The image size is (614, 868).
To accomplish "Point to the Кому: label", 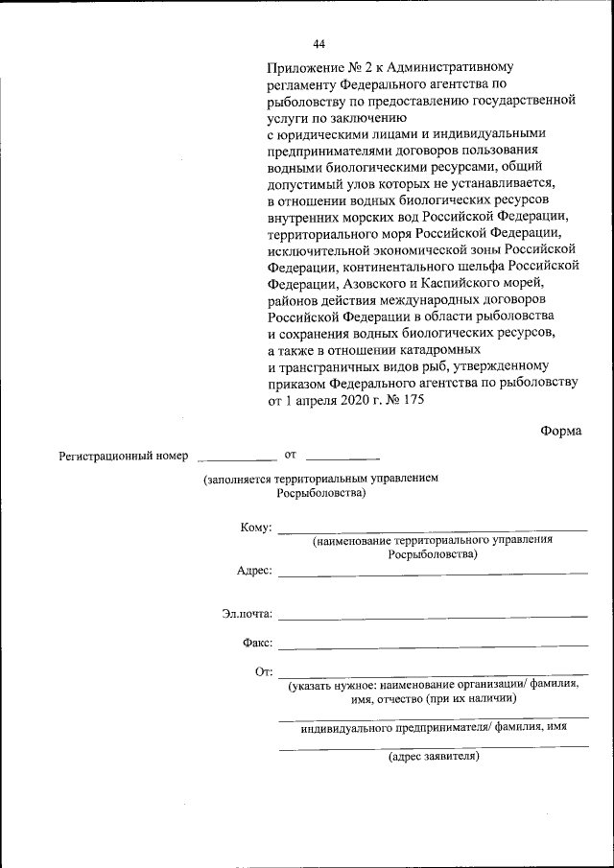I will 256,528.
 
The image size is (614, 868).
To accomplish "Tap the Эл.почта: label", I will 247,614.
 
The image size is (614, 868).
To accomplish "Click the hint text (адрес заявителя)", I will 433,758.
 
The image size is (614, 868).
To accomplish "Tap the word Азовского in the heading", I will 371,283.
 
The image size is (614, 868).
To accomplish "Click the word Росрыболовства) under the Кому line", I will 433,555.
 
